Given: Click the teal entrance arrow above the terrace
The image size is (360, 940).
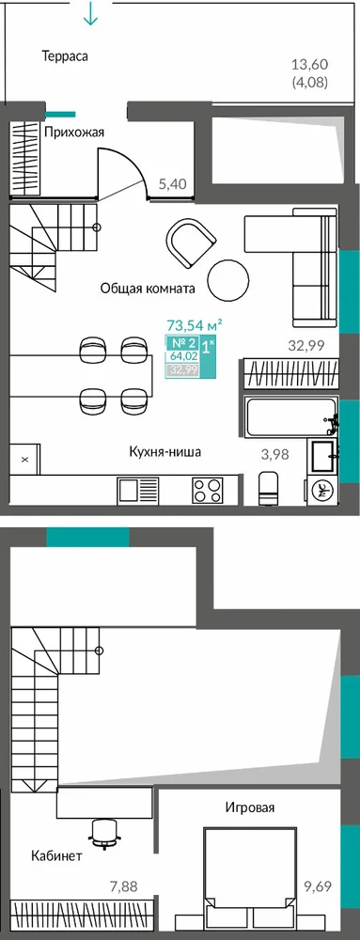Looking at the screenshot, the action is point(90,12).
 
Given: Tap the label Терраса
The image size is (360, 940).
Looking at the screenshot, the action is point(65,57).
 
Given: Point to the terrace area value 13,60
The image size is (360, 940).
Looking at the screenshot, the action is point(309,64).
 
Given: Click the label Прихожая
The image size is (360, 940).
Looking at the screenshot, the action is point(74,133).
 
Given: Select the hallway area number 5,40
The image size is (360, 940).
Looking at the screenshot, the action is point(172,184).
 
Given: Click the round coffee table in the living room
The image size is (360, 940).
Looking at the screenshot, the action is point(228,278).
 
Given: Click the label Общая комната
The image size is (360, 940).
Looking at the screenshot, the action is point(148,289).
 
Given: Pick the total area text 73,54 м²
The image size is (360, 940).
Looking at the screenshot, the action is point(195,325).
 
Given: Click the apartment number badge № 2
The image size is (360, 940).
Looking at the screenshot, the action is point(182,344).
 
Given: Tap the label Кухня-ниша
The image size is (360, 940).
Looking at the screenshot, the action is point(164,452).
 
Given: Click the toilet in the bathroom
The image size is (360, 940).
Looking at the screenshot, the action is point(268,486).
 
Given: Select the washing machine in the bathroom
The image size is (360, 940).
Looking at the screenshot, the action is point(322,489).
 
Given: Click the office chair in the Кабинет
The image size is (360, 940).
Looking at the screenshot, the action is point(103,833).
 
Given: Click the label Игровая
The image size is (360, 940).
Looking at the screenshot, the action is point(250,807).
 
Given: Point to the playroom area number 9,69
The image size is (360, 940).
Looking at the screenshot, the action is point(317,885).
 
